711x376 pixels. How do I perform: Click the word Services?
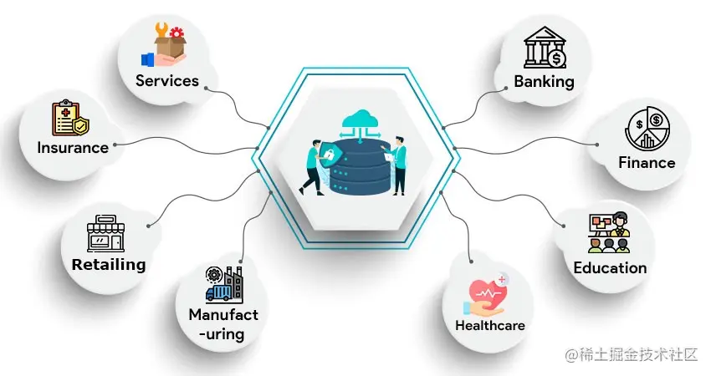pos(167,81)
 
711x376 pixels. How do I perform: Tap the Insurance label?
pos(73,148)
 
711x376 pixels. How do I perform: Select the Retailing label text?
pos(109,265)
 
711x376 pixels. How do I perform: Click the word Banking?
pos(544,81)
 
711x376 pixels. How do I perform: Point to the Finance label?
pos(647,162)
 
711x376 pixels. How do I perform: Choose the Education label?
pos(610,268)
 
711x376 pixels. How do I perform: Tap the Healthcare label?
pos(490,325)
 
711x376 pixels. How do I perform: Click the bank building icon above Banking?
pos(545,48)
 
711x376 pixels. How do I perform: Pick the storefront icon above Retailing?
pos(105,233)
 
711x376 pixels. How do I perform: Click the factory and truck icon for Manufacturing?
pos(223,285)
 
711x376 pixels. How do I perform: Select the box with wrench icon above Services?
pos(168,48)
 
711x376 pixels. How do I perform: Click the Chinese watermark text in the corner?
pos(632,355)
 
